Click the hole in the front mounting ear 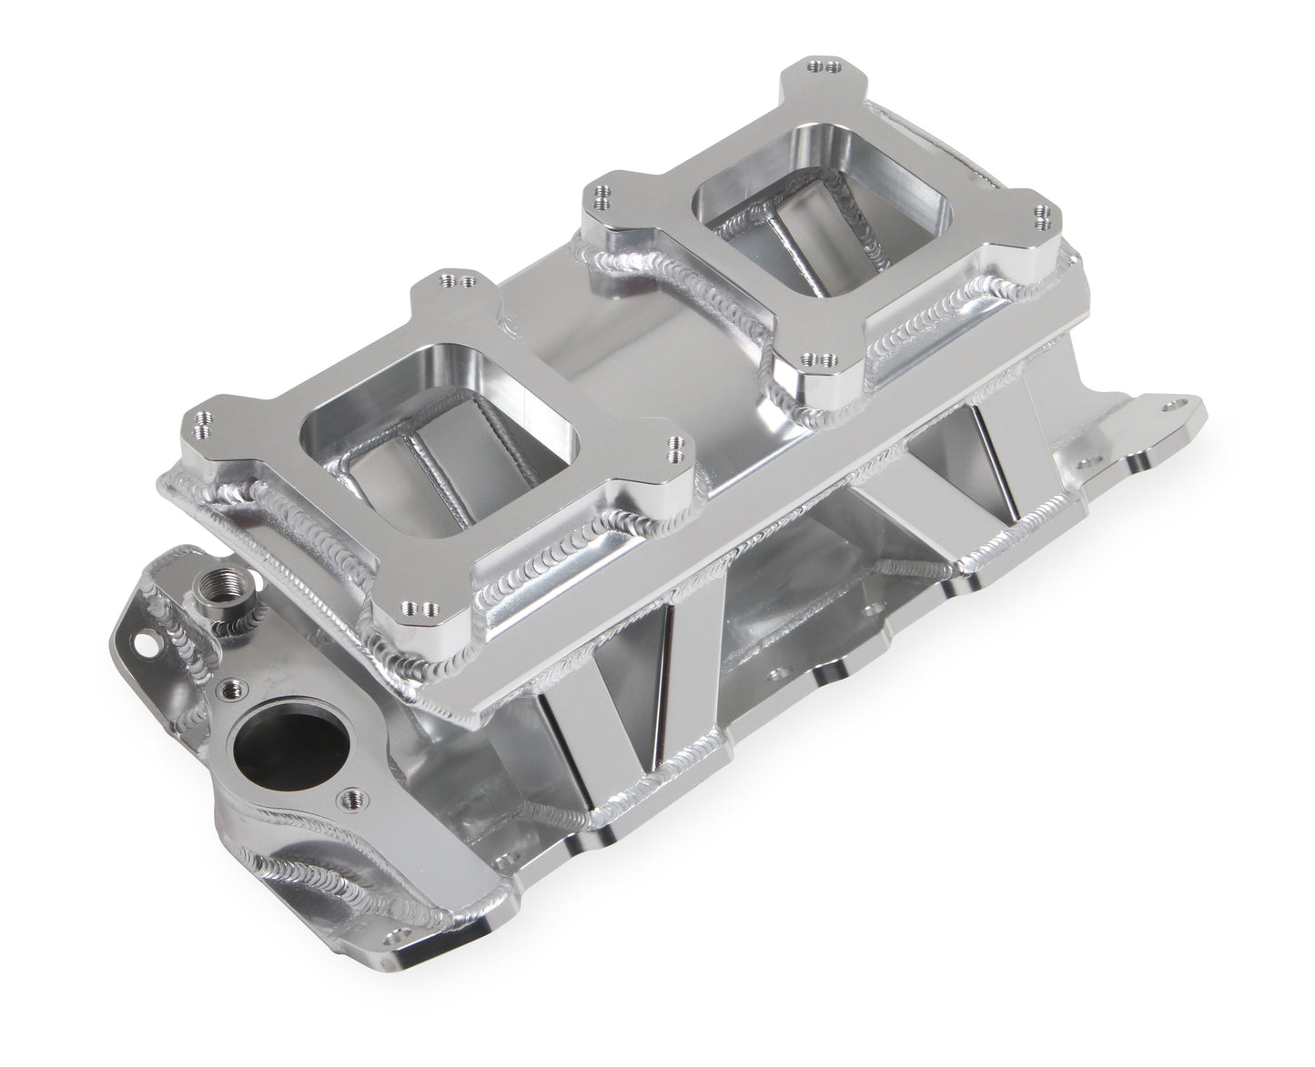pos(141,642)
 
